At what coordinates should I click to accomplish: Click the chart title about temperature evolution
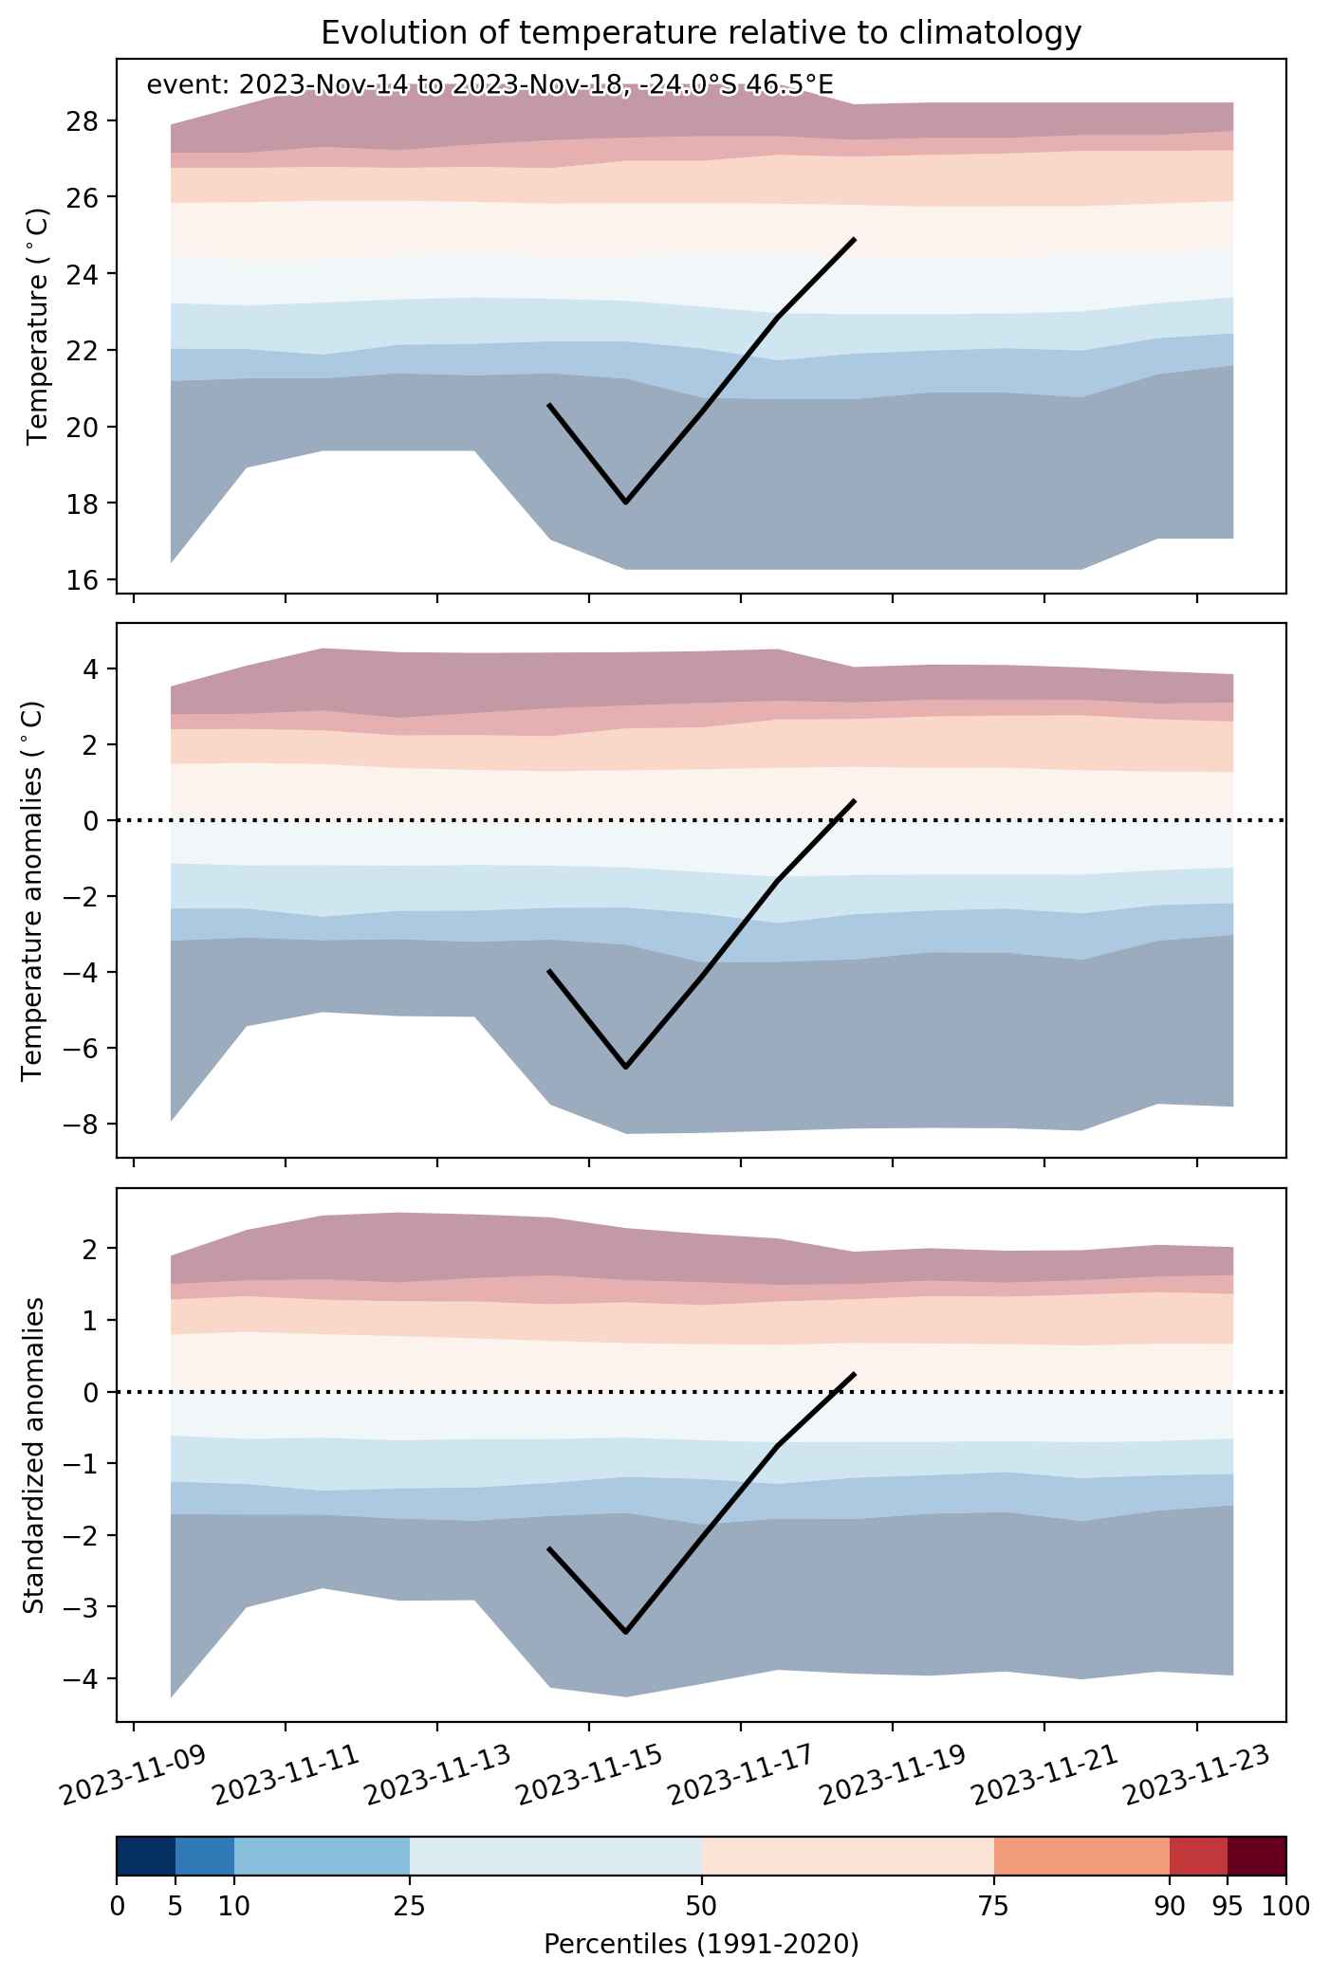click(x=701, y=33)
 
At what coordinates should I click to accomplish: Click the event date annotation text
click(x=490, y=85)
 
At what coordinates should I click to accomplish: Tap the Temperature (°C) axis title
click(x=38, y=326)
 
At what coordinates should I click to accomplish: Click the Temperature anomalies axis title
click(x=32, y=889)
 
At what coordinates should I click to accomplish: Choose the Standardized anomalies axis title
click(x=32, y=1455)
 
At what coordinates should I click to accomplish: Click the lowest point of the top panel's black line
click(x=626, y=503)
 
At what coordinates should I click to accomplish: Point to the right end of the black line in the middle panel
click(x=856, y=800)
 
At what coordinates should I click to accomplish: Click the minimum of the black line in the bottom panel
click(x=626, y=1632)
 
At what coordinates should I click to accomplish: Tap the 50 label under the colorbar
click(x=702, y=1906)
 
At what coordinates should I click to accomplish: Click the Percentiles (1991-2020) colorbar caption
click(x=701, y=1945)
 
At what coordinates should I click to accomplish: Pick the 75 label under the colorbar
click(x=994, y=1906)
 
